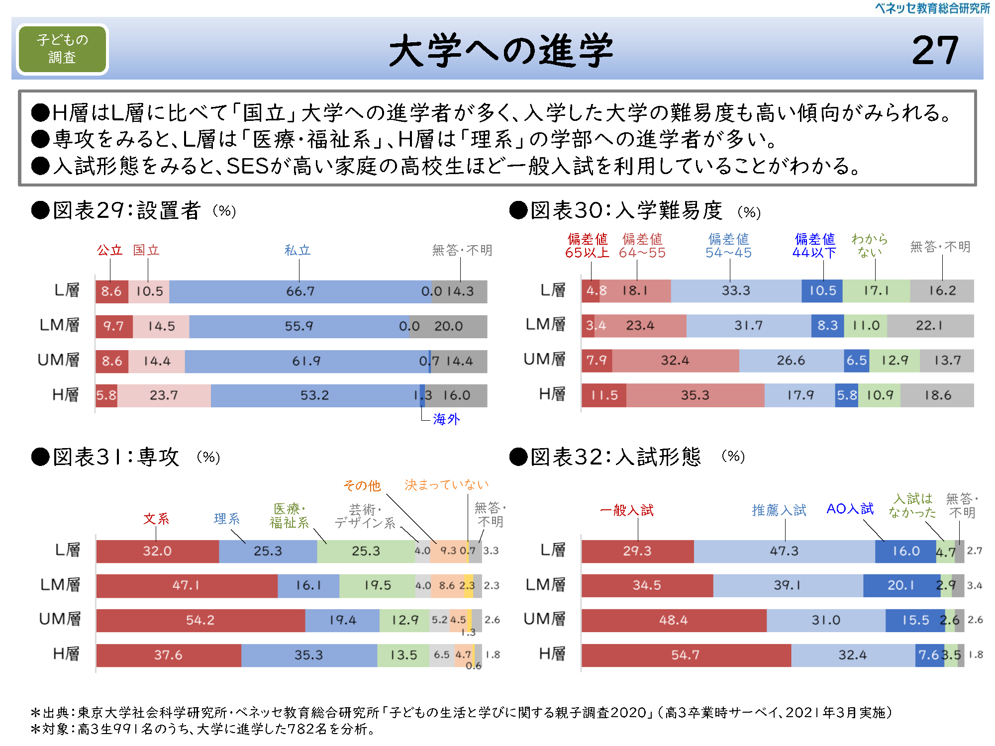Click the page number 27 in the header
pyautogui.click(x=935, y=50)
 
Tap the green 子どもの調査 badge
pyautogui.click(x=62, y=49)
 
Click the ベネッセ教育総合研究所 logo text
pyautogui.click(x=932, y=8)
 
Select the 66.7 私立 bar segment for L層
pyautogui.click(x=300, y=291)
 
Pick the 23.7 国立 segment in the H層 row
pyautogui.click(x=164, y=395)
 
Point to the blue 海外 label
pyautogui.click(x=446, y=419)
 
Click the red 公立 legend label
pyautogui.click(x=109, y=250)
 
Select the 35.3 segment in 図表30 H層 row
pyautogui.click(x=695, y=395)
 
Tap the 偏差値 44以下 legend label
pyautogui.click(x=814, y=246)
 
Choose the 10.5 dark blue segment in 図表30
pyautogui.click(x=822, y=291)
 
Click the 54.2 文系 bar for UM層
pyautogui.click(x=200, y=620)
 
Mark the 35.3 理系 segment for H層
pyautogui.click(x=308, y=655)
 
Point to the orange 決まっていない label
pyautogui.click(x=446, y=485)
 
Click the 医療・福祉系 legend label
pyautogui.click(x=289, y=516)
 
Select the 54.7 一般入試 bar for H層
pyautogui.click(x=686, y=655)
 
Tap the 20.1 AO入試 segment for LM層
pyautogui.click(x=900, y=585)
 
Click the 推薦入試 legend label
pyautogui.click(x=779, y=510)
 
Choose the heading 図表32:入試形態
pyautogui.click(x=615, y=457)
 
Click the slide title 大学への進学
pyautogui.click(x=500, y=50)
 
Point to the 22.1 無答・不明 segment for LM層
pyautogui.click(x=929, y=326)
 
